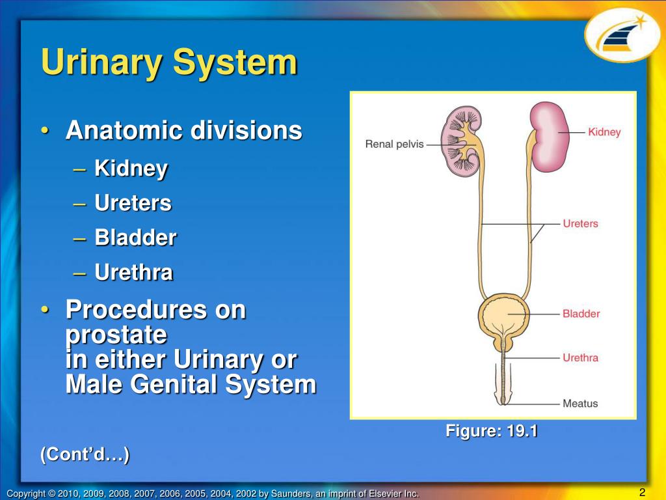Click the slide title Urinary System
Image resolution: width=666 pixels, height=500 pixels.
pyautogui.click(x=169, y=64)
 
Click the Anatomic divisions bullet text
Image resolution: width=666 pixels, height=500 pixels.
pyautogui.click(x=183, y=131)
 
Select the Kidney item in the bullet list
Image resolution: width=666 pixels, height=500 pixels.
pyautogui.click(x=131, y=169)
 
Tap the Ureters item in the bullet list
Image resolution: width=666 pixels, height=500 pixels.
pyautogui.click(x=133, y=203)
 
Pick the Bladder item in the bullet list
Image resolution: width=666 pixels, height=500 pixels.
pyautogui.click(x=135, y=238)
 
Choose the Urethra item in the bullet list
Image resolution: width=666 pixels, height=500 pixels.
pyautogui.click(x=133, y=272)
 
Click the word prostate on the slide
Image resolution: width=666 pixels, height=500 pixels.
pyautogui.click(x=116, y=335)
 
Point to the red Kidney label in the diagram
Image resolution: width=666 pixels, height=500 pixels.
pyautogui.click(x=604, y=132)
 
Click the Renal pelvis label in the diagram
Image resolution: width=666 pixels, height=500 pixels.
pyautogui.click(x=395, y=144)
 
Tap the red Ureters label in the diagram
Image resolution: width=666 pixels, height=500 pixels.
pyautogui.click(x=580, y=223)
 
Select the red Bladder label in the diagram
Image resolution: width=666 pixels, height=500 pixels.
pyautogui.click(x=581, y=313)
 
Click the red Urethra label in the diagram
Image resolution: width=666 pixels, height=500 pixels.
pyautogui.click(x=580, y=357)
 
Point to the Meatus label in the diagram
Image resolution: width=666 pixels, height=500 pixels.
pyautogui.click(x=580, y=404)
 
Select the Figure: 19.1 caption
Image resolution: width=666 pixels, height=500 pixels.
pyautogui.click(x=491, y=430)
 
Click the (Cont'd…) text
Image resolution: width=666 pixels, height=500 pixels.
pyautogui.click(x=85, y=454)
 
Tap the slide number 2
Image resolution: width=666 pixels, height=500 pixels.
pyautogui.click(x=642, y=492)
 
